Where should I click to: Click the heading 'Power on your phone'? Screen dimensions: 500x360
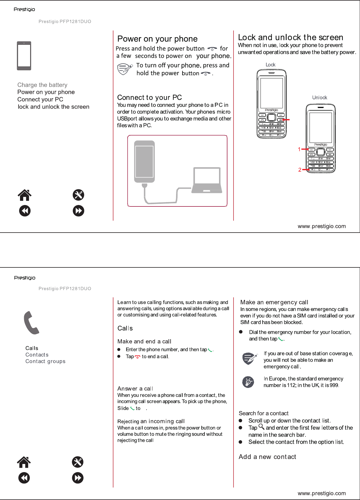pyautogui.click(x=157, y=39)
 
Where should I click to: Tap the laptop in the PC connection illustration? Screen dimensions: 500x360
pyautogui.click(x=207, y=180)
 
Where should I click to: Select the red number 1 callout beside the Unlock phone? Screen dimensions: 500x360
pyautogui.click(x=299, y=149)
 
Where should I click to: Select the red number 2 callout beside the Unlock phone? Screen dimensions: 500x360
pyautogui.click(x=300, y=170)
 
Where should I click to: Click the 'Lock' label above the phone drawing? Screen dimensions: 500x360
pyautogui.click(x=270, y=65)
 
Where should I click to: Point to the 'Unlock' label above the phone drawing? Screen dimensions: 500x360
pyautogui.click(x=319, y=98)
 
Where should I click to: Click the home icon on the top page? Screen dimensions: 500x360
pyautogui.click(x=25, y=195)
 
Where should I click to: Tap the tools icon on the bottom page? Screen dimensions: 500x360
pyautogui.click(x=78, y=462)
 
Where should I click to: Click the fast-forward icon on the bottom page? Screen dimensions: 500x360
pyautogui.click(x=78, y=478)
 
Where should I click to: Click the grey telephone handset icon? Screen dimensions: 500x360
pyautogui.click(x=31, y=323)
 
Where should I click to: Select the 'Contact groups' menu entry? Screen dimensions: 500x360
pyautogui.click(x=45, y=361)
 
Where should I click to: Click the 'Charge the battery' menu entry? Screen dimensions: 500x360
pyautogui.click(x=42, y=85)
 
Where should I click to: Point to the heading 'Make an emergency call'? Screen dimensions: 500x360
pyautogui.click(x=274, y=302)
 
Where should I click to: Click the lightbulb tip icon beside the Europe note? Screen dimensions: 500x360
pyautogui.click(x=248, y=382)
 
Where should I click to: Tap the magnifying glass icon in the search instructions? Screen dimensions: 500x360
pyautogui.click(x=261, y=427)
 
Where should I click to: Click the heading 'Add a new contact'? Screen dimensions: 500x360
pyautogui.click(x=267, y=457)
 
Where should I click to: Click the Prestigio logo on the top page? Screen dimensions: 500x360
pyautogui.click(x=24, y=10)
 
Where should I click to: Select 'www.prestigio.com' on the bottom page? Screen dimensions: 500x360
pyautogui.click(x=322, y=493)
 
